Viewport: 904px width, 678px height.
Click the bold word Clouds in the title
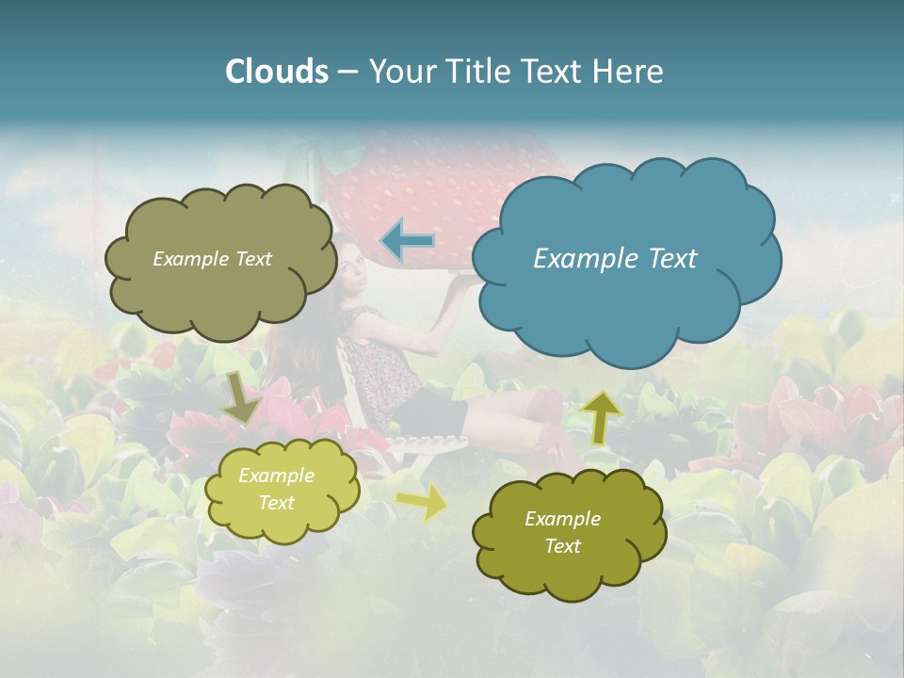tap(276, 72)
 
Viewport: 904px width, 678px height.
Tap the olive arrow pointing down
tap(241, 397)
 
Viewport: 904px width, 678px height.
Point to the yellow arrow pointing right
tap(423, 502)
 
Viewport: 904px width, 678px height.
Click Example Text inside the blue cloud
tap(615, 259)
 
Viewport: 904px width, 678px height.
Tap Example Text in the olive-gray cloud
tap(212, 259)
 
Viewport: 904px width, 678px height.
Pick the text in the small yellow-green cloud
tap(277, 490)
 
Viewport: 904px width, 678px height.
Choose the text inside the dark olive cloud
tap(563, 532)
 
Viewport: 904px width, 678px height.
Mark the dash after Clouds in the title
tap(347, 72)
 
